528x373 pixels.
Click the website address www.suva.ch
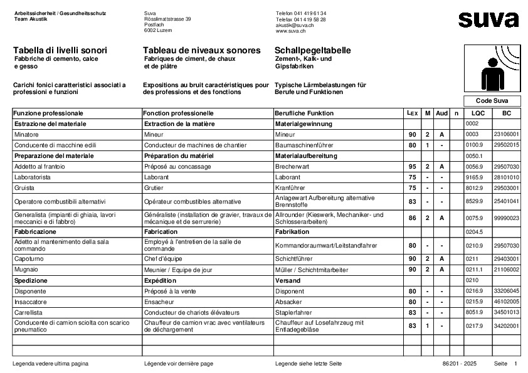pos(290,30)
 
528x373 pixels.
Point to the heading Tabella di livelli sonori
pos(60,50)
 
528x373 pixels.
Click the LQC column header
pos(478,113)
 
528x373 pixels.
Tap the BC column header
pos(507,113)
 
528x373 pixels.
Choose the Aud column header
pos(441,113)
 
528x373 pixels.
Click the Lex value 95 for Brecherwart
pos(412,167)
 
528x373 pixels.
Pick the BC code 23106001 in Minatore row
pos(507,135)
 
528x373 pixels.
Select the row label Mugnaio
pos(26,270)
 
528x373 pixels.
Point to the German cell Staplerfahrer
pos(295,312)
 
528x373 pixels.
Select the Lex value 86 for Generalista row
pos(412,218)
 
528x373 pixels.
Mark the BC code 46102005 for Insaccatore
pos(507,302)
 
